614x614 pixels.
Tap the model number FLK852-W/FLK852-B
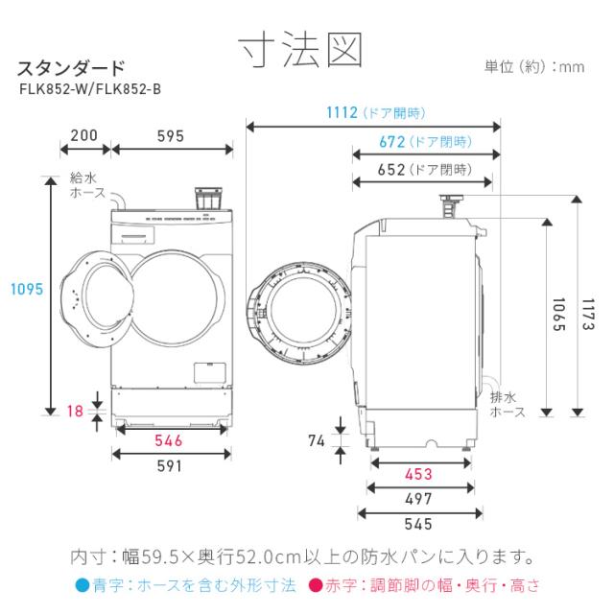pos(90,89)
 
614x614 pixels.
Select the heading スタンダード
pos(71,68)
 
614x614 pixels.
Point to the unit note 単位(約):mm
pos(534,67)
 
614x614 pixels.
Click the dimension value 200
pos(84,135)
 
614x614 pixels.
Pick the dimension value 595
pos(171,135)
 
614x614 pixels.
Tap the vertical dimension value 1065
pos(557,313)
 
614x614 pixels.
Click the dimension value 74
pos(317,441)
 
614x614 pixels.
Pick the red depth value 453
pos(418,474)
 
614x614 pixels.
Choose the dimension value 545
pos(418,524)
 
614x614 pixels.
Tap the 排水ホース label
pos(508,404)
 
